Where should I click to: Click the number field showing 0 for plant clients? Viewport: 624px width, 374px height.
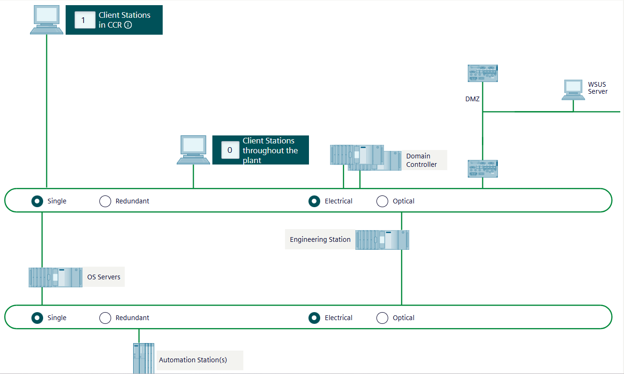(x=230, y=150)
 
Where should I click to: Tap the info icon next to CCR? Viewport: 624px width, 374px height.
(x=128, y=25)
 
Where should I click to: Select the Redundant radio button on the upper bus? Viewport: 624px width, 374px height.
(x=105, y=201)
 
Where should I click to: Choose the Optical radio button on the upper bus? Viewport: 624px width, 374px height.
(x=383, y=201)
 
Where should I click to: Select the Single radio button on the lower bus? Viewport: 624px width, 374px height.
(x=37, y=318)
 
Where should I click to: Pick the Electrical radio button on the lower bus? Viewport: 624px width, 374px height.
(x=315, y=318)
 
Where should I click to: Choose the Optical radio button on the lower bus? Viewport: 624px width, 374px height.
(x=383, y=318)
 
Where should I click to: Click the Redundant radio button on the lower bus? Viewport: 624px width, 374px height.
(x=105, y=318)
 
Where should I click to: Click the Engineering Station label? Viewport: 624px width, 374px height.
(x=320, y=239)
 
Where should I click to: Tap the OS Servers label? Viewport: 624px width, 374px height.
(x=104, y=277)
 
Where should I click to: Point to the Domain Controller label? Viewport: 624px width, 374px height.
(x=421, y=160)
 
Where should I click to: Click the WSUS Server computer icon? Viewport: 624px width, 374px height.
(x=573, y=89)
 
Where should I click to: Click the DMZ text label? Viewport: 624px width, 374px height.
(x=472, y=99)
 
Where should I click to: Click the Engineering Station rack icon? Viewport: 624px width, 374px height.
(x=382, y=239)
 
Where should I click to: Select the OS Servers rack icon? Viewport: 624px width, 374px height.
(x=55, y=277)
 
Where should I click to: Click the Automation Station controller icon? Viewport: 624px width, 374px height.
(x=143, y=359)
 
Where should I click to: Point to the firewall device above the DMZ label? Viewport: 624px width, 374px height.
(x=482, y=74)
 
